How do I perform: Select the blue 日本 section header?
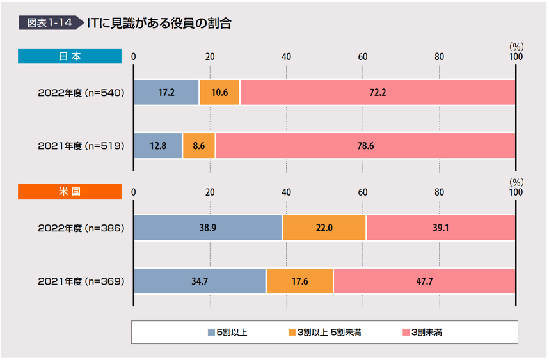tap(70, 56)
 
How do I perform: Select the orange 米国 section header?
tap(70, 191)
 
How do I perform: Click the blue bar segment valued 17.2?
tap(166, 93)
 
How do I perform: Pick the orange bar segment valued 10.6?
tap(219, 93)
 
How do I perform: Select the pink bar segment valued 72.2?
tap(378, 93)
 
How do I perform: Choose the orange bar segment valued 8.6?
tap(198, 146)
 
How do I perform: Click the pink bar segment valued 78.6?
tap(365, 146)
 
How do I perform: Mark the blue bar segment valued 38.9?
tap(208, 228)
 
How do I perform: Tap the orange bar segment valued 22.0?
tap(324, 228)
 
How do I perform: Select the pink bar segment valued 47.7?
tap(424, 281)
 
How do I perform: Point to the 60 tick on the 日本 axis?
tap(363, 56)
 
